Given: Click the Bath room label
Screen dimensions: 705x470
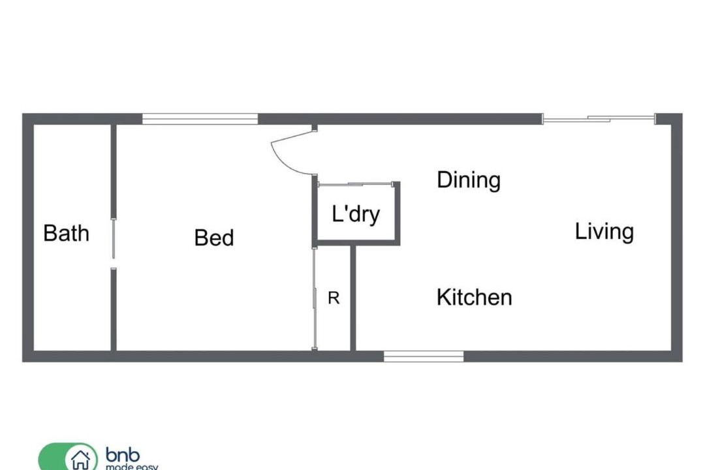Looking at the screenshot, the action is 66,233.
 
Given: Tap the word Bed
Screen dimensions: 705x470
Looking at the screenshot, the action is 214,238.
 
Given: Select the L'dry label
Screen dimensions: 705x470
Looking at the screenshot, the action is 356,213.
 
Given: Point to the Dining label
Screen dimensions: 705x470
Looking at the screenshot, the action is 469,180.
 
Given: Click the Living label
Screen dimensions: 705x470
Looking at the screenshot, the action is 604,232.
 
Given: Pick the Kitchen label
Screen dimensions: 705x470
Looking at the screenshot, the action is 475,297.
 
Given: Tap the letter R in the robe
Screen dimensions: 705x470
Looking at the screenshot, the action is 334,298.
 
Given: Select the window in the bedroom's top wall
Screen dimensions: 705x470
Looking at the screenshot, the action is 200,119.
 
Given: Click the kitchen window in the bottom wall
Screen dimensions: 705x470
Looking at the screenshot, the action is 424,356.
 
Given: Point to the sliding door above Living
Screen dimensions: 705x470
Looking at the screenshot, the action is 599,119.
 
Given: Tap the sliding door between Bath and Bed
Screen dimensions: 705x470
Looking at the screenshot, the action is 114,238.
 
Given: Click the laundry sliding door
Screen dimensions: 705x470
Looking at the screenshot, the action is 356,184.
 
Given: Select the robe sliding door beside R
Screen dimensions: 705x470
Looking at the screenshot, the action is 314,298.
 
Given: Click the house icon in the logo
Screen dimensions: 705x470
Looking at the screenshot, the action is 81,459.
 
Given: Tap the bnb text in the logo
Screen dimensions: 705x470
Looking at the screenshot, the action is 123,455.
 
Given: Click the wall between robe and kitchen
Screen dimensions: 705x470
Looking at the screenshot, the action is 353,298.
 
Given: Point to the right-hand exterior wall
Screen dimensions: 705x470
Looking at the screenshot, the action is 677,238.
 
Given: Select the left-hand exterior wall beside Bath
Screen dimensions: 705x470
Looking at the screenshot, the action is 28,238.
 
